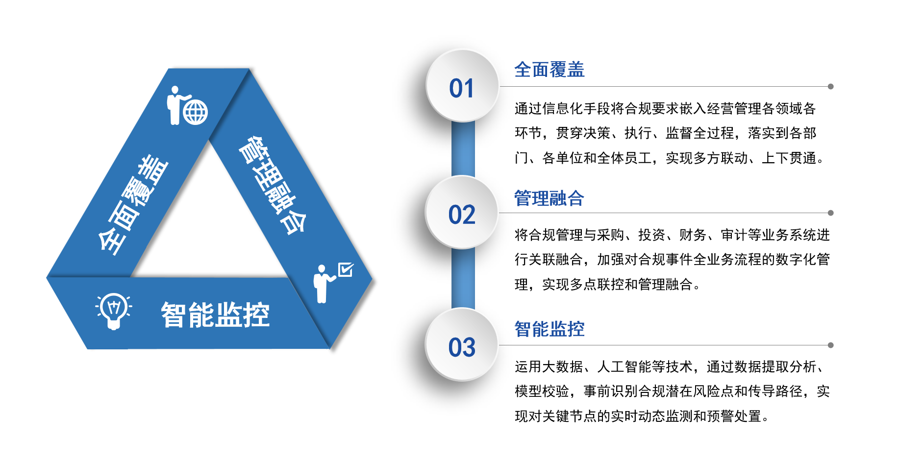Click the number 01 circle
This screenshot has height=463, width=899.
pyautogui.click(x=462, y=86)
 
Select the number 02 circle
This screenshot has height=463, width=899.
pyautogui.click(x=462, y=213)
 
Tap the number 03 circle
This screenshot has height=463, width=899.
pyautogui.click(x=462, y=345)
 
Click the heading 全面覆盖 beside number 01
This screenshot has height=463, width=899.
pyautogui.click(x=549, y=70)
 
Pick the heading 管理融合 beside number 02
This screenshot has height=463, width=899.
pyautogui.click(x=549, y=198)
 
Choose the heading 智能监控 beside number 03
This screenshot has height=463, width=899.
pyautogui.click(x=549, y=329)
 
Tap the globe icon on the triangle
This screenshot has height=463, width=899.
pyautogui.click(x=196, y=113)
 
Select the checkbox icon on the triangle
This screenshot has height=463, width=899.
pyautogui.click(x=346, y=269)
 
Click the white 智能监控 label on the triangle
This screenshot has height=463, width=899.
pyautogui.click(x=215, y=315)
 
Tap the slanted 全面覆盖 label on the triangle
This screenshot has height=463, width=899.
pyautogui.click(x=133, y=205)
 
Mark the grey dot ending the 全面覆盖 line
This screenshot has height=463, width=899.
pyautogui.click(x=830, y=87)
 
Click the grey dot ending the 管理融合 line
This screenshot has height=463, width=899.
pyautogui.click(x=830, y=213)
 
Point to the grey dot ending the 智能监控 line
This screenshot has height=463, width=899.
pyautogui.click(x=830, y=345)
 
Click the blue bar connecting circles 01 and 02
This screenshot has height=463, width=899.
pyautogui.click(x=463, y=149)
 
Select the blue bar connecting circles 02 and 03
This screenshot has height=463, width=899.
pyautogui.click(x=463, y=279)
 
